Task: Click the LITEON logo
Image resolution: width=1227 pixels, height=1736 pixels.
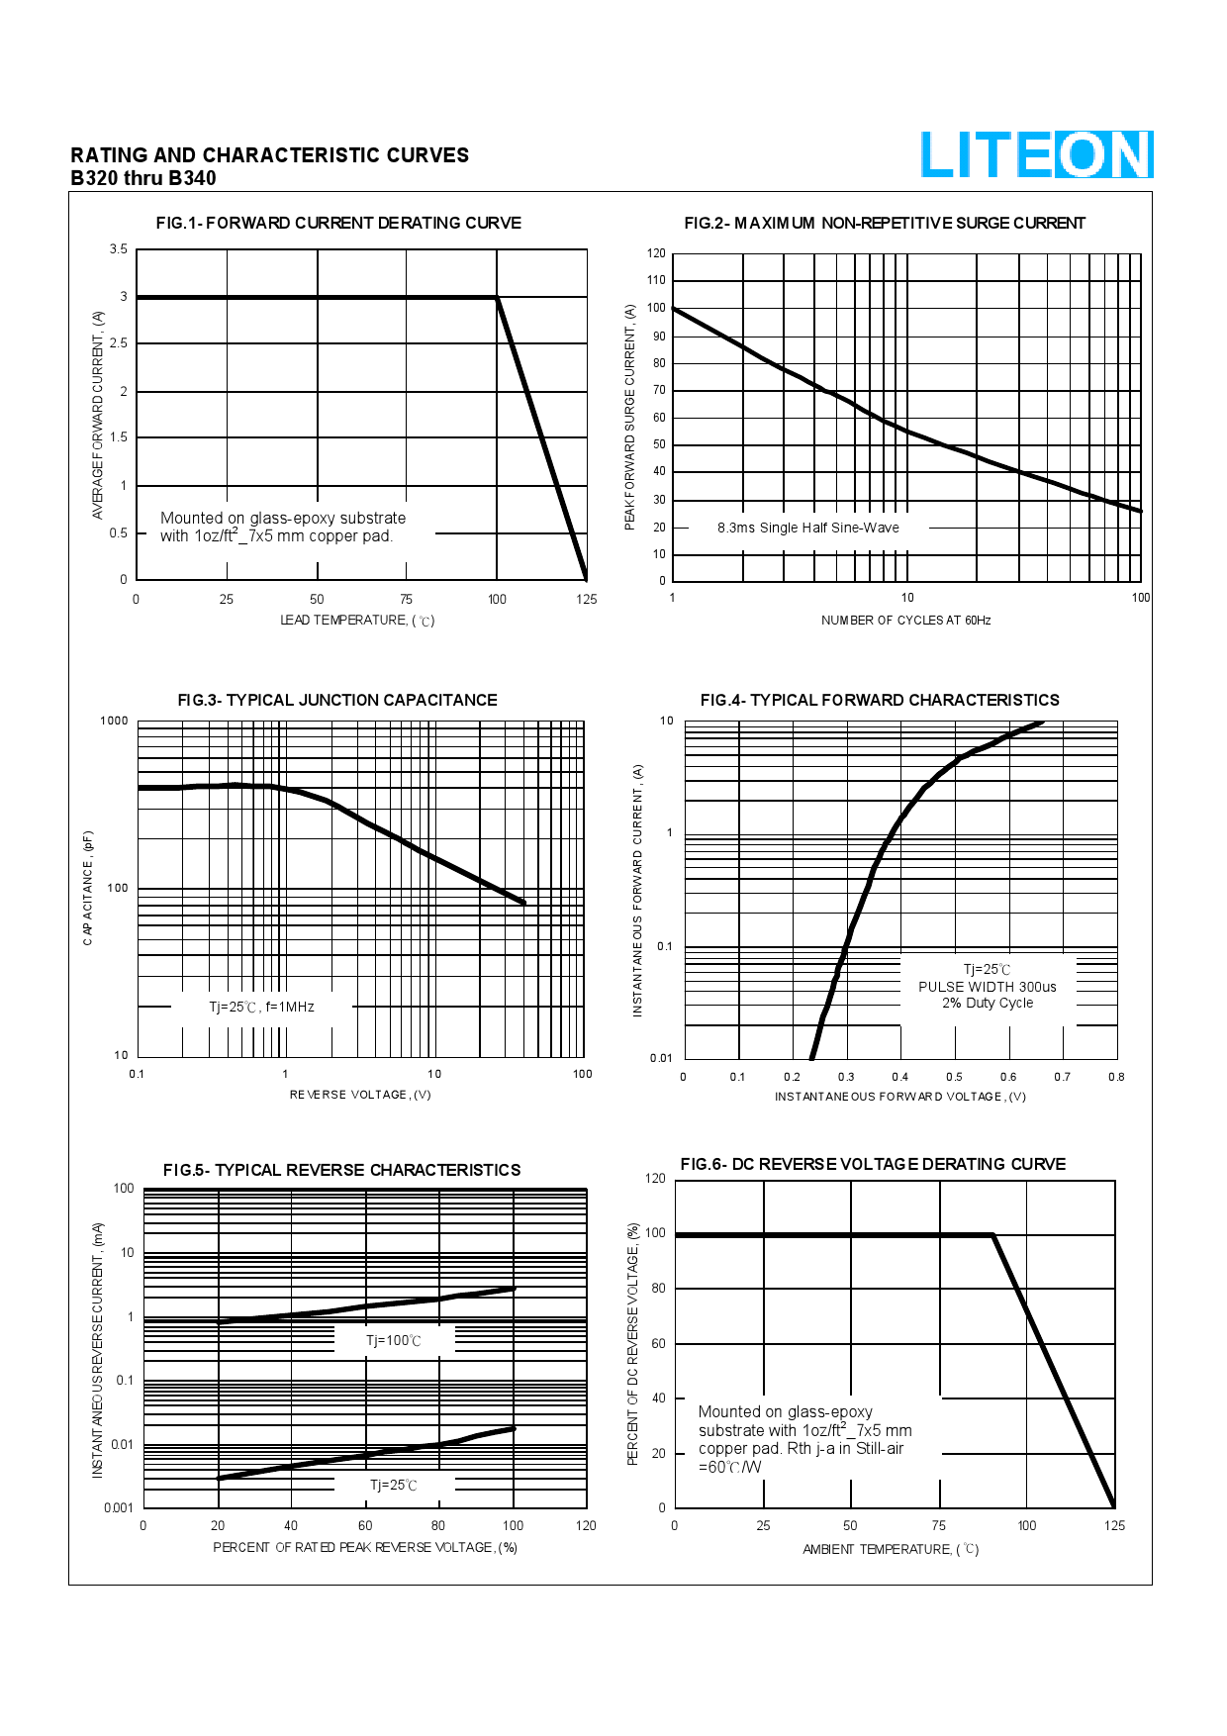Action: click(x=1036, y=155)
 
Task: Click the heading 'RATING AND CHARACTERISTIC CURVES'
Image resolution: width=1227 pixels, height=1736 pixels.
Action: click(x=269, y=155)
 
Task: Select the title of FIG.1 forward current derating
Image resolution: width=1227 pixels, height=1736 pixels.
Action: click(x=338, y=223)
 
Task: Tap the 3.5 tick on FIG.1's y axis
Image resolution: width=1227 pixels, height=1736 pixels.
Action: click(x=119, y=249)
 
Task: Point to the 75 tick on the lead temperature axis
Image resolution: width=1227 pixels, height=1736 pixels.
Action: click(x=406, y=599)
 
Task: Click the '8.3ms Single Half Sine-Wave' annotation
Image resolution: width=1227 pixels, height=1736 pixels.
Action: click(x=808, y=528)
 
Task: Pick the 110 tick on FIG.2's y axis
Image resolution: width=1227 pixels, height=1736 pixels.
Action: click(x=656, y=280)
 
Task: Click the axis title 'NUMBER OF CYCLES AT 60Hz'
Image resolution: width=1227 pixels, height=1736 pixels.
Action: click(x=905, y=621)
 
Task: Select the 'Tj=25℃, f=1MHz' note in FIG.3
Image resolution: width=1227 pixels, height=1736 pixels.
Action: click(x=261, y=1007)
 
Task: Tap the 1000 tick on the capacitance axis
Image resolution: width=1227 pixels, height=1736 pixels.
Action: click(x=115, y=721)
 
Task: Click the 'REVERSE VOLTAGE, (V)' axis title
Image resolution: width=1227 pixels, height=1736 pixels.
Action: click(x=360, y=1095)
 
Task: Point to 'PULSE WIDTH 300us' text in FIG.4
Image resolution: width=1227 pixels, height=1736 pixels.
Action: click(x=987, y=987)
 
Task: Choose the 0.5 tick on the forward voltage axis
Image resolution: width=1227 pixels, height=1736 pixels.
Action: click(x=954, y=1077)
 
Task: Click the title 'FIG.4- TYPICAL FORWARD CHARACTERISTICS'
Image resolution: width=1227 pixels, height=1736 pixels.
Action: click(x=880, y=700)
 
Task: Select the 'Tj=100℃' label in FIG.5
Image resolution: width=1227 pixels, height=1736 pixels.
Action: click(x=394, y=1341)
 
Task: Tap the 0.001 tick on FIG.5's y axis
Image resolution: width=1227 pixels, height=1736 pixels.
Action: click(x=119, y=1507)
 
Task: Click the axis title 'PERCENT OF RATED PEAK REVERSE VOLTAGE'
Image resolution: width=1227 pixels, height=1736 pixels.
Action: click(x=365, y=1547)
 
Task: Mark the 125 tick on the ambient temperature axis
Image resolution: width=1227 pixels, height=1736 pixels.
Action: click(x=1114, y=1525)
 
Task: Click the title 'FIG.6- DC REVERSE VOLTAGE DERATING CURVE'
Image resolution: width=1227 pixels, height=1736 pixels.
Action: click(x=873, y=1164)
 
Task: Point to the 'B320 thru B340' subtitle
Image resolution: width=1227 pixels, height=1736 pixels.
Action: click(x=143, y=178)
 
